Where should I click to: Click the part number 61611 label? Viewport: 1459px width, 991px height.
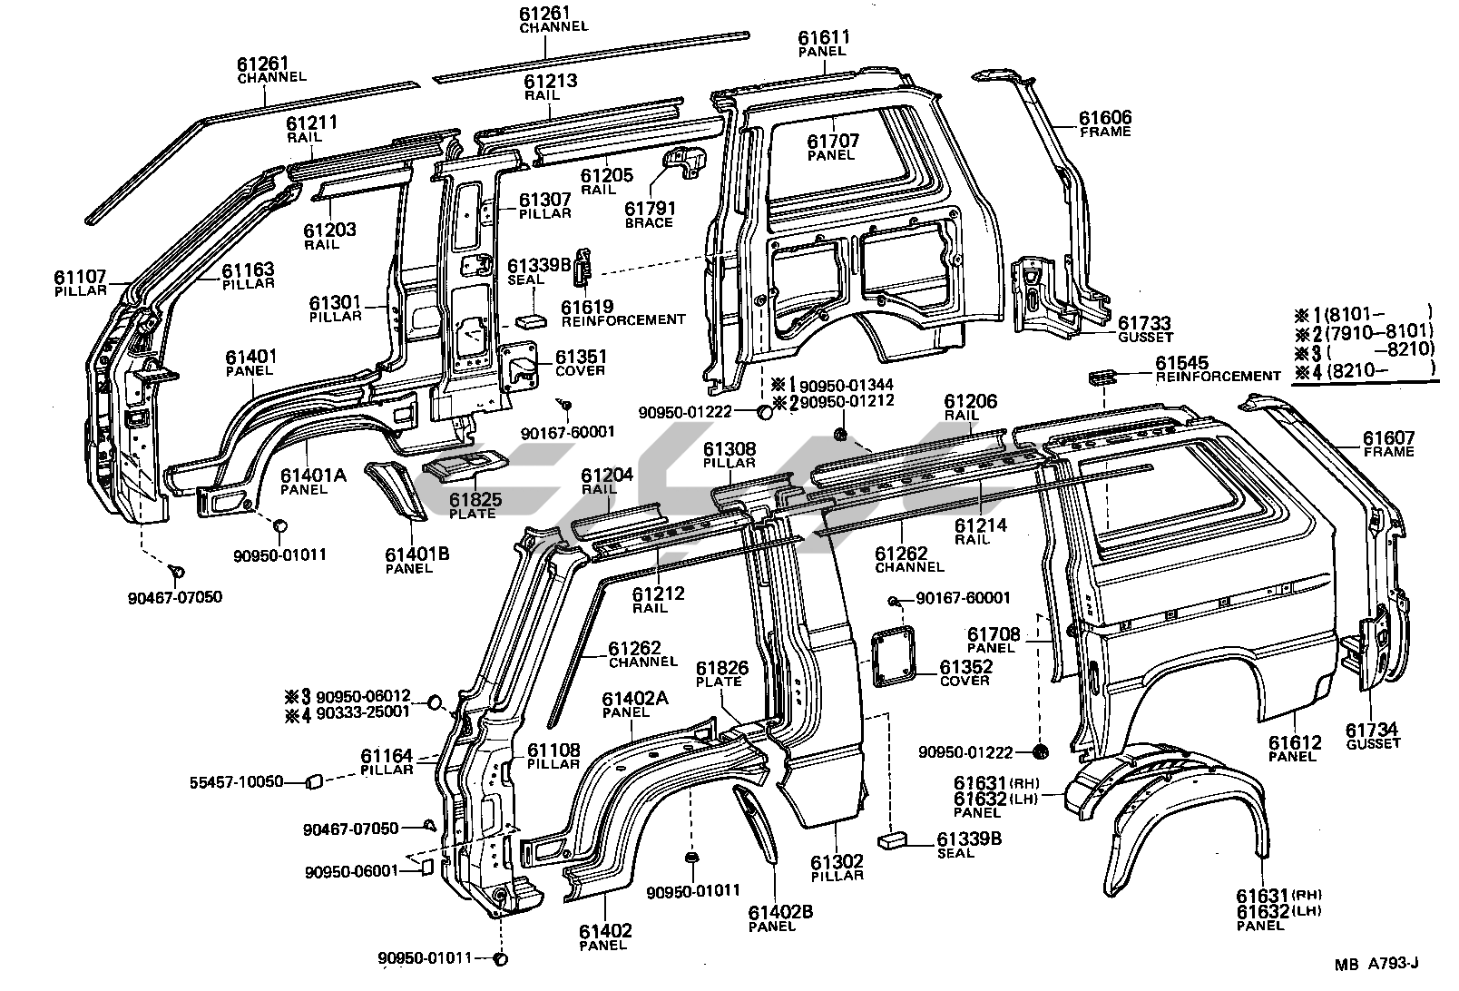[823, 38]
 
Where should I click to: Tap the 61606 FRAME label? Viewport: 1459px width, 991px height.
[1105, 124]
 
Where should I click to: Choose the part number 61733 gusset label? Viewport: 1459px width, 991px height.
[1144, 330]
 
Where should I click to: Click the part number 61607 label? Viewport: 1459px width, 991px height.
[1388, 439]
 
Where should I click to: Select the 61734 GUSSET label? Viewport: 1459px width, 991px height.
[1372, 736]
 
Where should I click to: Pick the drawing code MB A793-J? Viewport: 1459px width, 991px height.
[1376, 965]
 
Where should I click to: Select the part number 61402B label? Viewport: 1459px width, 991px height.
[772, 912]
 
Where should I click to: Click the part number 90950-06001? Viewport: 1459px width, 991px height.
[351, 871]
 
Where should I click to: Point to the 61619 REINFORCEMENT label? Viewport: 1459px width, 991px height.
[623, 314]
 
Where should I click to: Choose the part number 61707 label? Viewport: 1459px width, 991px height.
[832, 147]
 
